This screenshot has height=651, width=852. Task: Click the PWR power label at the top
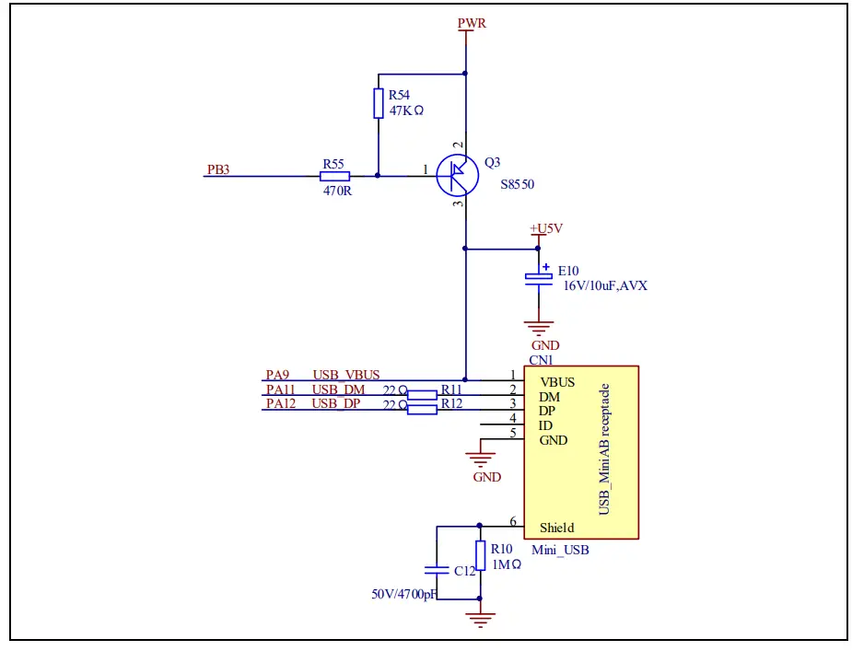pyautogui.click(x=472, y=23)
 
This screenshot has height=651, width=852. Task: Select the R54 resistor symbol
pyautogui.click(x=379, y=103)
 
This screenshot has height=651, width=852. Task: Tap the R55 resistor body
pyautogui.click(x=334, y=175)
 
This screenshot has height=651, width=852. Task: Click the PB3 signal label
pyautogui.click(x=218, y=169)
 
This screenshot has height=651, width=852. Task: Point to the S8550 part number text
pyautogui.click(x=517, y=184)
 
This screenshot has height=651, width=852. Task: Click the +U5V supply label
pyautogui.click(x=544, y=228)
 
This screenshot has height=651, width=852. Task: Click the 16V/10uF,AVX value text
pyautogui.click(x=605, y=286)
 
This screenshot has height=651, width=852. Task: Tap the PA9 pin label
pyautogui.click(x=277, y=375)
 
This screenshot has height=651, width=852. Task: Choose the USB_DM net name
pyautogui.click(x=338, y=389)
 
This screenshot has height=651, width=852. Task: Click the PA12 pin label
pyautogui.click(x=280, y=403)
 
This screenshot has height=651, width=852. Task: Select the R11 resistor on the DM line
pyautogui.click(x=422, y=395)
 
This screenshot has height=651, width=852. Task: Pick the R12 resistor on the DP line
pyautogui.click(x=422, y=410)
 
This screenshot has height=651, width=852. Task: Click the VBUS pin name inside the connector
pyautogui.click(x=557, y=381)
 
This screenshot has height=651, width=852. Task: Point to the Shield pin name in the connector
pyautogui.click(x=556, y=528)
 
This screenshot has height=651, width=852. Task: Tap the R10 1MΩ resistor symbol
pyautogui.click(x=479, y=555)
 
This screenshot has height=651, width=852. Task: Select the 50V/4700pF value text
pyautogui.click(x=403, y=595)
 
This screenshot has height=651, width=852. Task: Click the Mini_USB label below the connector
pyautogui.click(x=560, y=551)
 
